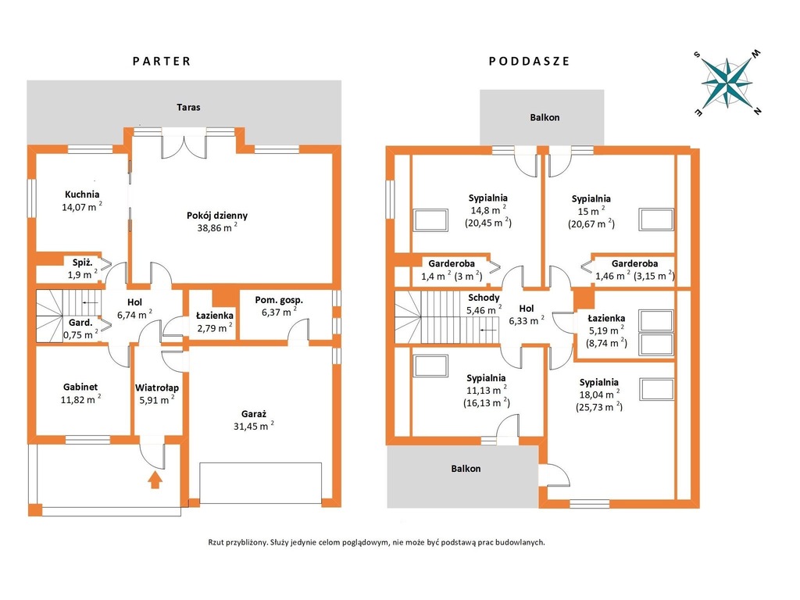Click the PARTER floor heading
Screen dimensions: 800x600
coord(161,61)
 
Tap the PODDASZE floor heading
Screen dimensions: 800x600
coord(529,61)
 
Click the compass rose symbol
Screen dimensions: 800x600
coord(727,83)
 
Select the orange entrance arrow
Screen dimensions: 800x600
coord(155,480)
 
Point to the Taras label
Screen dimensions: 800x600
coord(188,107)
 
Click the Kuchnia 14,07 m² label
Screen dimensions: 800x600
coord(81,201)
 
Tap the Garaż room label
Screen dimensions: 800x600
coord(254,414)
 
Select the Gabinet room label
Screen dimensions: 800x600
coord(80,387)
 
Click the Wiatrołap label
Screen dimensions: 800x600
coord(156,387)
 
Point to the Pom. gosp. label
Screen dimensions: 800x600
coord(279,300)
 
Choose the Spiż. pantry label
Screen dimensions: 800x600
coord(82,262)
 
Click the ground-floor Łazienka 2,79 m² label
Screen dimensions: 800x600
coord(215,322)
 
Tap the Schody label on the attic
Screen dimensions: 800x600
coord(484,298)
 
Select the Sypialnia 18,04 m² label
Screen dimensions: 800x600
coord(599,395)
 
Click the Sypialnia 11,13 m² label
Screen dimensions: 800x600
coord(486,391)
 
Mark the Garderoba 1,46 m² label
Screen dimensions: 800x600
coord(634,270)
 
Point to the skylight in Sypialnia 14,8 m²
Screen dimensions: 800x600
coord(431,220)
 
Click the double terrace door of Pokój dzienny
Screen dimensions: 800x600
coord(184,144)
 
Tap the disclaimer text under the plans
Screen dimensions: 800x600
coord(377,542)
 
